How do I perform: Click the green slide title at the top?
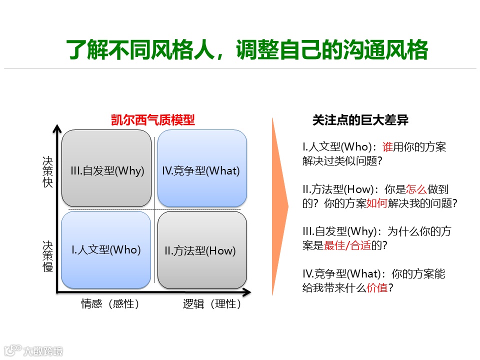tap(247, 50)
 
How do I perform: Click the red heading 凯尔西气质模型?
tap(152, 120)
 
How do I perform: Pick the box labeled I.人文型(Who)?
tap(106, 249)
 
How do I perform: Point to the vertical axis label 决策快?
tap(47, 171)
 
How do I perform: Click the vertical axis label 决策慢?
tap(47, 256)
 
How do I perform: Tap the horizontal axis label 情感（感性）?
tap(110, 303)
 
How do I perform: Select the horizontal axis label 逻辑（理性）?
tap(212, 303)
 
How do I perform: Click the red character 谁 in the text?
tap(387, 147)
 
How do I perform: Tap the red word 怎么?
tap(416, 189)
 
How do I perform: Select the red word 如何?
tap(377, 203)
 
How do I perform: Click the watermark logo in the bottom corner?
tap(33, 350)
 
